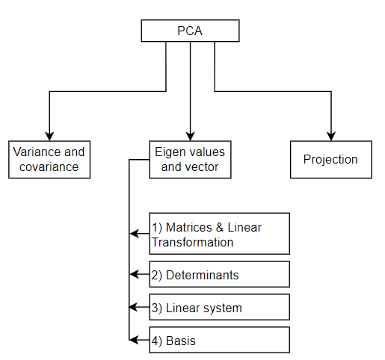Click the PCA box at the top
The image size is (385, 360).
pyautogui.click(x=190, y=31)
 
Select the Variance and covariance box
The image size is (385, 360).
pyautogui.click(x=49, y=159)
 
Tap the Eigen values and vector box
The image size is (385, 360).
pyautogui.click(x=190, y=159)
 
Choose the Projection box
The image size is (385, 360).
pyautogui.click(x=330, y=159)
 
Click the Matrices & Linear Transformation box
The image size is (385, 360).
pyautogui.click(x=219, y=234)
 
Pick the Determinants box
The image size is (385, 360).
pyautogui.click(x=219, y=275)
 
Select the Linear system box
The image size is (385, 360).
pyautogui.click(x=219, y=308)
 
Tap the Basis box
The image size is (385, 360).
pyautogui.click(x=219, y=341)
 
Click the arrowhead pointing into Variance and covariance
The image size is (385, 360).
pyautogui.click(x=49, y=134)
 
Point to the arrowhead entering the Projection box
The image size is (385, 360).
pyautogui.click(x=330, y=134)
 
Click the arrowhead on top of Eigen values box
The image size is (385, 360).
pyautogui.click(x=190, y=134)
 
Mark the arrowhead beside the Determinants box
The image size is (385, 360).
pyautogui.click(x=135, y=275)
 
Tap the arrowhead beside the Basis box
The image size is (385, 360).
pyautogui.click(x=135, y=341)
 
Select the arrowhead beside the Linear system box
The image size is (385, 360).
pyautogui.click(x=135, y=308)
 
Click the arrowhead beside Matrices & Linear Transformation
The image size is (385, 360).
pyautogui.click(x=135, y=234)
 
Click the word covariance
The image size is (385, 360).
pyautogui.click(x=49, y=167)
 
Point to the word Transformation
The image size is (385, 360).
pyautogui.click(x=193, y=242)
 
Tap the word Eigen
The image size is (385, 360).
pyautogui.click(x=169, y=152)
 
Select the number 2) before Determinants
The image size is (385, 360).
pyautogui.click(x=157, y=275)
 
